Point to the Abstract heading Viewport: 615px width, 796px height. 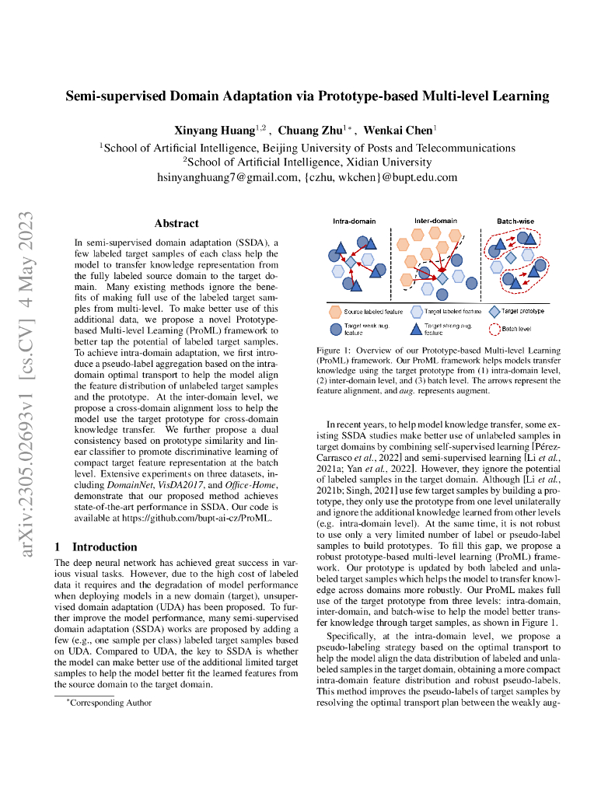click(176, 223)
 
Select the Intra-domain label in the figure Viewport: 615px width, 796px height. click(355, 221)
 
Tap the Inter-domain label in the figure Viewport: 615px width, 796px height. click(435, 221)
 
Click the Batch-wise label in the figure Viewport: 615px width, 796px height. click(515, 221)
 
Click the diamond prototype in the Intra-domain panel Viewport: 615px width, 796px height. click(351, 263)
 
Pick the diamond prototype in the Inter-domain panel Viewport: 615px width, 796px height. click(442, 278)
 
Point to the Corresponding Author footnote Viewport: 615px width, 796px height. click(109, 703)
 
